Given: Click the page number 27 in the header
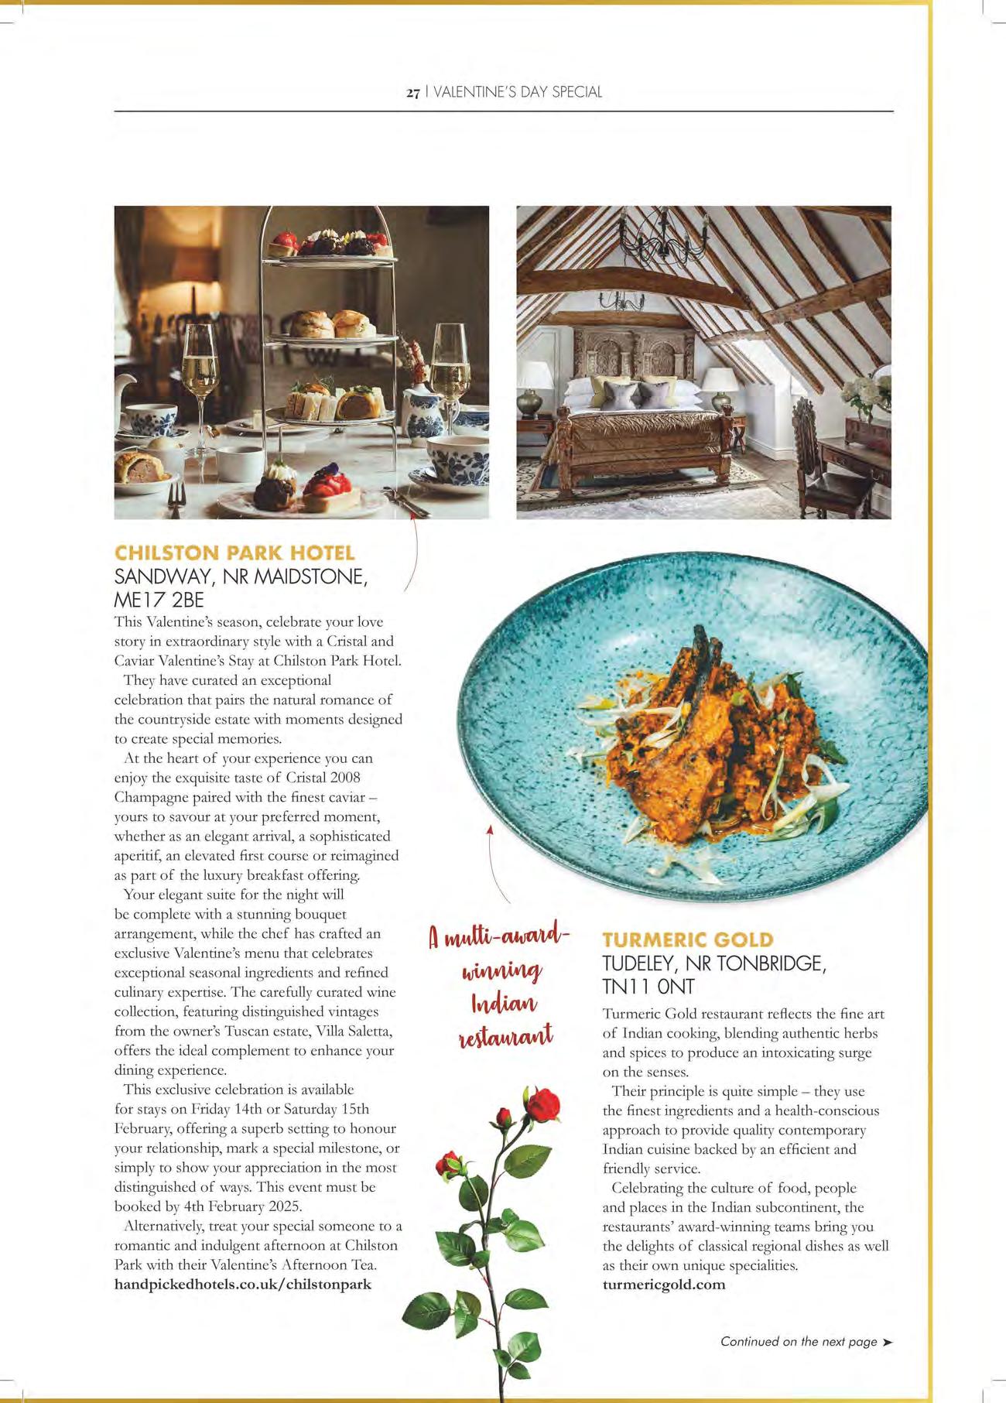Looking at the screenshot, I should (412, 93).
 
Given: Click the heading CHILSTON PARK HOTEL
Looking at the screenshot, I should (234, 553).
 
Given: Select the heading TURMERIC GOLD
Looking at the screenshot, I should (688, 939).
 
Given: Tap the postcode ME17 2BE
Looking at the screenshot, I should (159, 600).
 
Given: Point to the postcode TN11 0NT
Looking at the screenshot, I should (648, 987).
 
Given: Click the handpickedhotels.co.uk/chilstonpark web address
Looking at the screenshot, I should (243, 1284).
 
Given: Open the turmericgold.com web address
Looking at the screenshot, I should (664, 1285).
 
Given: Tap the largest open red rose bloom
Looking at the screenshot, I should (545, 1103).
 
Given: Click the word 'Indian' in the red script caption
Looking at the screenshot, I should (504, 1004).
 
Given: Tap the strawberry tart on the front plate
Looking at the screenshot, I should (326, 488).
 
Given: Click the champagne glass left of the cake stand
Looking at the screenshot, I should (200, 371).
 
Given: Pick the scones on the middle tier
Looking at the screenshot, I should (333, 323).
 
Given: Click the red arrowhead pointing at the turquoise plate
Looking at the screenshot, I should (490, 829).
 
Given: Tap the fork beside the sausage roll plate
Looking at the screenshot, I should (176, 500).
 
